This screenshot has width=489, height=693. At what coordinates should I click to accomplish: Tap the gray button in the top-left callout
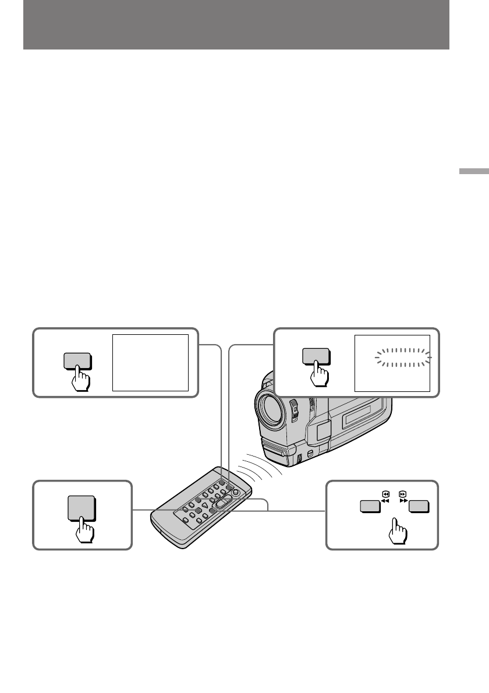tap(76, 360)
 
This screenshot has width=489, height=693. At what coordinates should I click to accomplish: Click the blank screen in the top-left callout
tap(150, 362)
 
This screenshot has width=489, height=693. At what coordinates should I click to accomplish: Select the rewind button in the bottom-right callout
tap(368, 507)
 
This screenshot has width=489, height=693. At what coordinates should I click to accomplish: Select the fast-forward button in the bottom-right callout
tap(419, 507)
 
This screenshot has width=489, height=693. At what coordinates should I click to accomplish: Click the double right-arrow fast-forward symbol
tap(402, 500)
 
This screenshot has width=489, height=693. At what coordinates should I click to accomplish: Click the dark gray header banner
tap(236, 24)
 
